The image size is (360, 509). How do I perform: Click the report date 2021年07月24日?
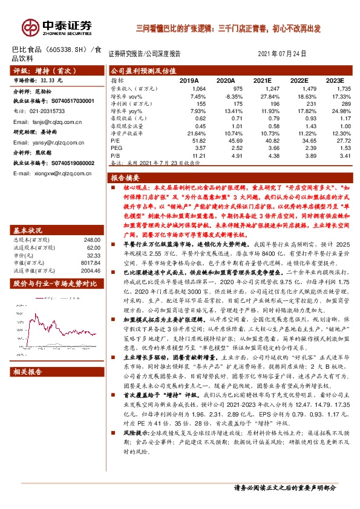tap(287, 53)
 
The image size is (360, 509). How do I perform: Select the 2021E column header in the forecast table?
tap(263, 80)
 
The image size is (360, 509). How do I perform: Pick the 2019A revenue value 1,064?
tap(198, 88)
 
